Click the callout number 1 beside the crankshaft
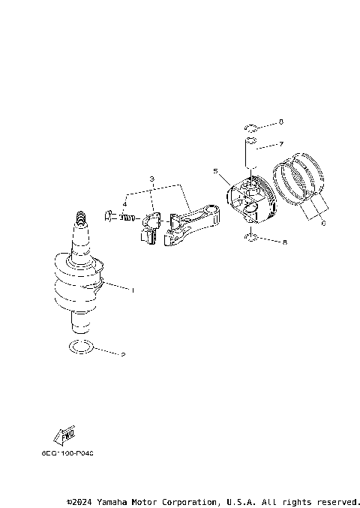133,290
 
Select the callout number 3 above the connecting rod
151,179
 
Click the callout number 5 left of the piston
215,172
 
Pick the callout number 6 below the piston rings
323,223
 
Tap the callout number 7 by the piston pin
281,143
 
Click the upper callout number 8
281,122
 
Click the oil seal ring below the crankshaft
81,347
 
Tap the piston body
252,200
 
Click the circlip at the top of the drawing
252,126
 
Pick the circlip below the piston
253,239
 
